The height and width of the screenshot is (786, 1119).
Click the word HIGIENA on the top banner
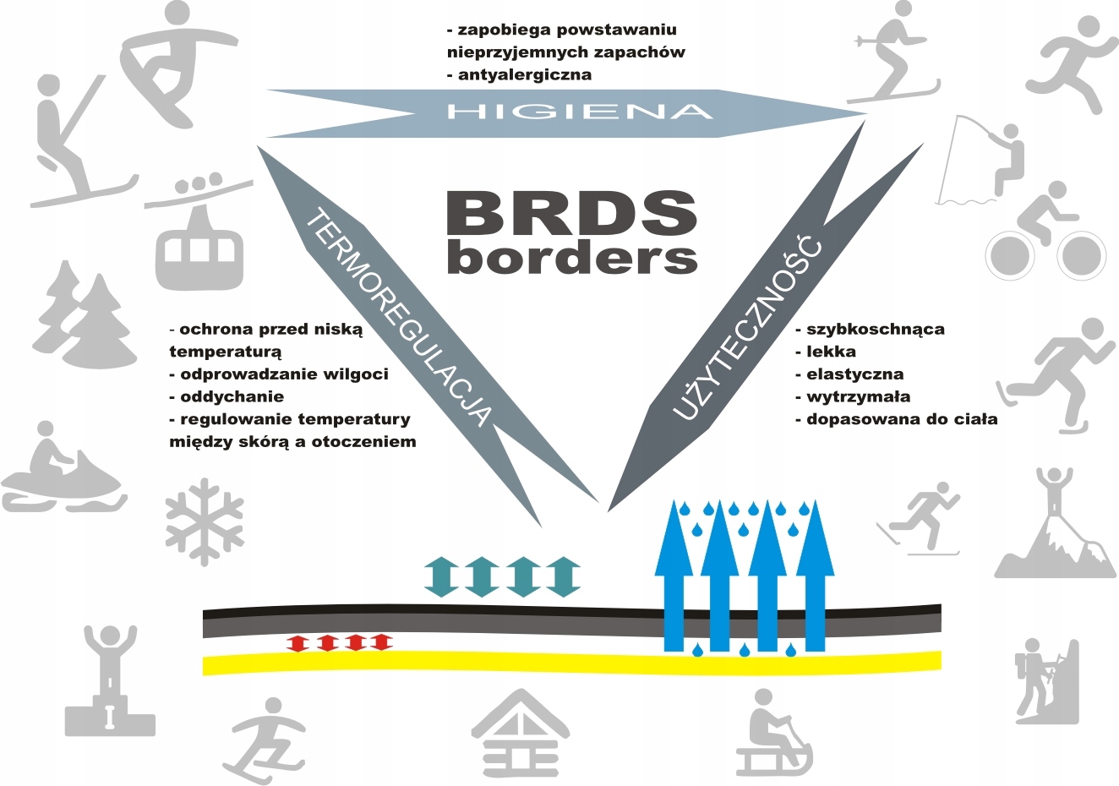pyautogui.click(x=579, y=112)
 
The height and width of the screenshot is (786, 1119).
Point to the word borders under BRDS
pyautogui.click(x=571, y=257)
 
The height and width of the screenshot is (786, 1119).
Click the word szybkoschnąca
pyautogui.click(x=875, y=329)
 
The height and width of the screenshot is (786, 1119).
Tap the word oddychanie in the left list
pyautogui.click(x=232, y=396)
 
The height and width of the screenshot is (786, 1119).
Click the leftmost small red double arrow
pyautogui.click(x=297, y=642)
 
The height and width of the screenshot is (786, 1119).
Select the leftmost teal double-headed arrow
pyautogui.click(x=439, y=577)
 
